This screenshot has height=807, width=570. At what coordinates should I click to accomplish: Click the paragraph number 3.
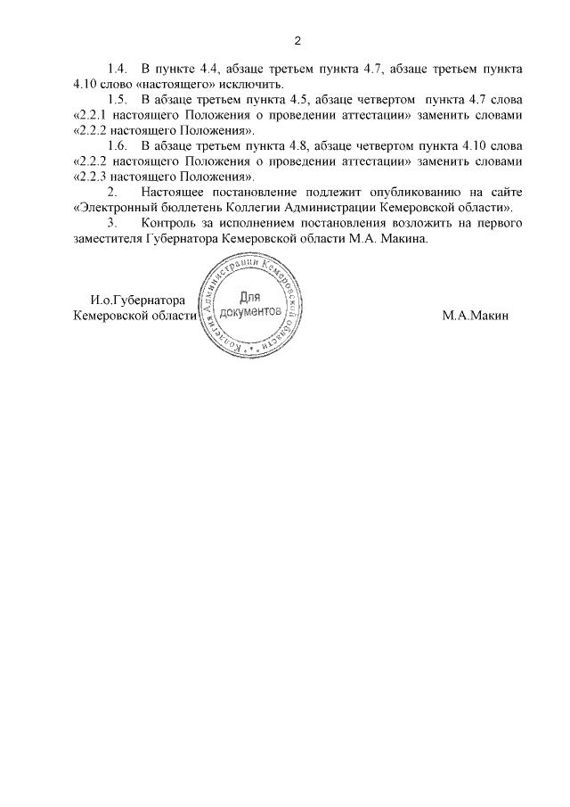[112, 222]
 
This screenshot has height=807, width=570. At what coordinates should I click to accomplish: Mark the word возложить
[397, 222]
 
